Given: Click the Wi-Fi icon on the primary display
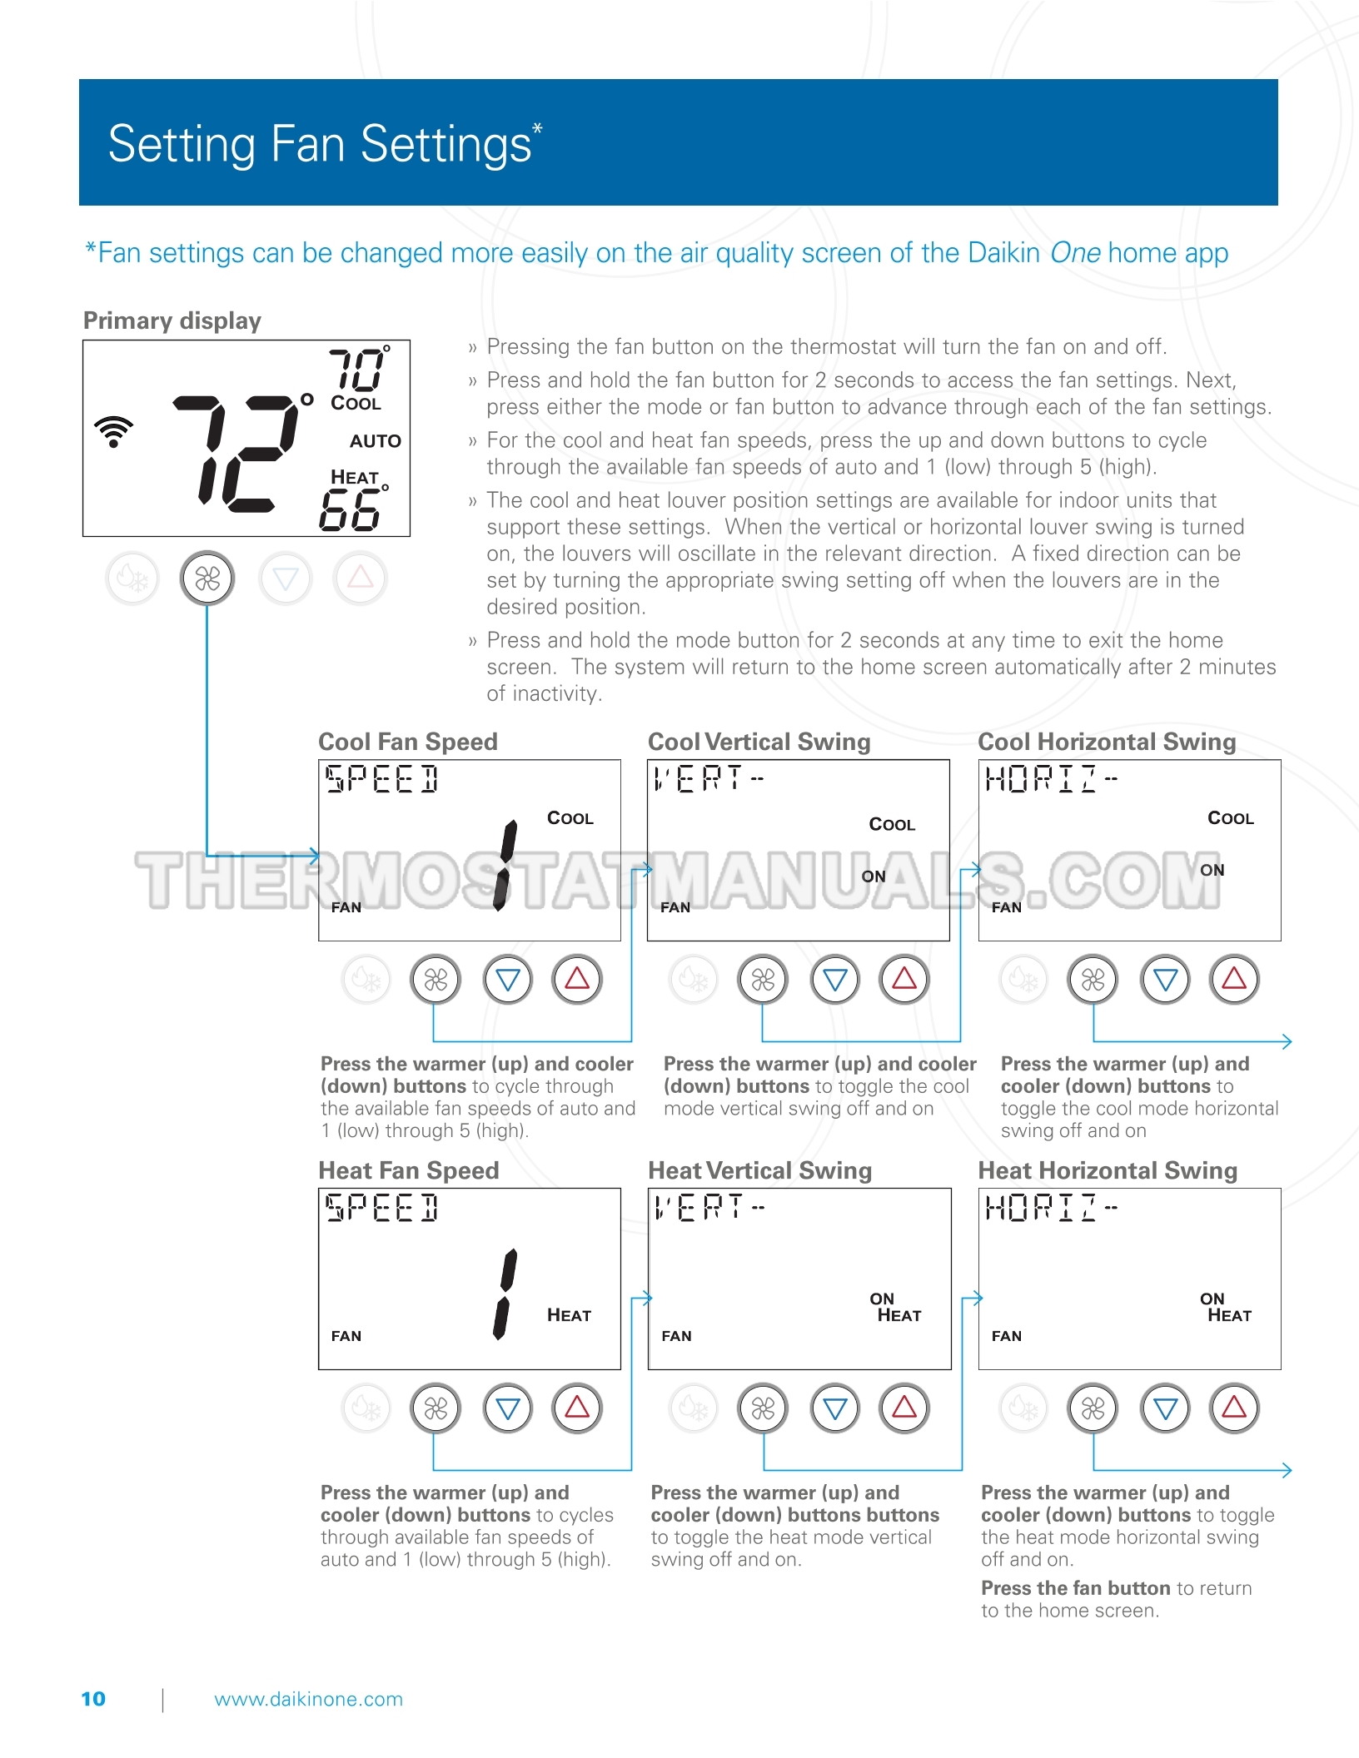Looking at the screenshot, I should pyautogui.click(x=114, y=431).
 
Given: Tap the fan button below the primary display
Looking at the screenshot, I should pyautogui.click(x=207, y=579).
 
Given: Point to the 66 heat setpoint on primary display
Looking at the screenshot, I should pyautogui.click(x=350, y=509).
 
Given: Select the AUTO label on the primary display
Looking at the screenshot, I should pyautogui.click(x=375, y=441).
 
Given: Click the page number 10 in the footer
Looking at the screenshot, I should pyautogui.click(x=93, y=1699).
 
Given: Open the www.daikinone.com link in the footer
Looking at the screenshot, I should pyautogui.click(x=308, y=1699).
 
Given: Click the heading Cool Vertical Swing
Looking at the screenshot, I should pyautogui.click(x=759, y=742).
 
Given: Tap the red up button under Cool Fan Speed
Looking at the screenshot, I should pyautogui.click(x=577, y=980).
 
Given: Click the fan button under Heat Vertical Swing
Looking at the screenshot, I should pyautogui.click(x=763, y=1408).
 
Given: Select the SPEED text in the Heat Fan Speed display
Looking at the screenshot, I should pyautogui.click(x=381, y=1208).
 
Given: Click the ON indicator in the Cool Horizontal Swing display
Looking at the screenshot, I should pyautogui.click(x=1212, y=871).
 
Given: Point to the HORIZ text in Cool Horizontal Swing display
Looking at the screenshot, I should pyautogui.click(x=1041, y=779).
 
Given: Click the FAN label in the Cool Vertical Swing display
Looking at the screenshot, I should pyautogui.click(x=675, y=907).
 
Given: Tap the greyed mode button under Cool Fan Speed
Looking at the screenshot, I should pyautogui.click(x=366, y=980).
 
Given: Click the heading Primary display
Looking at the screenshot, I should pyautogui.click(x=172, y=320).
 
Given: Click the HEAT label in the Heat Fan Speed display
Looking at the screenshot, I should pyautogui.click(x=569, y=1316).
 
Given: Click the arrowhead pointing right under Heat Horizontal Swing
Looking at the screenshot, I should pyautogui.click(x=1287, y=1470).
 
